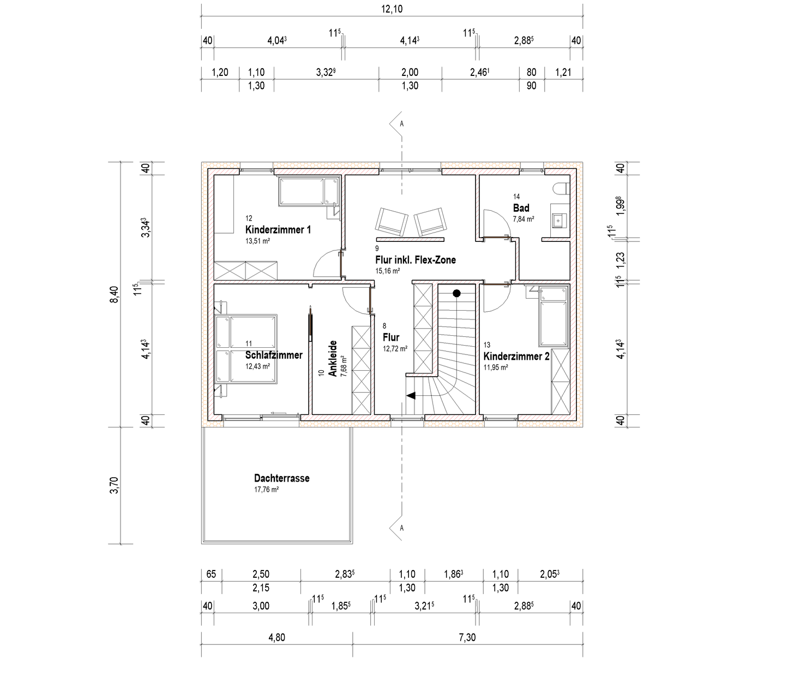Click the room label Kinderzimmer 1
278,229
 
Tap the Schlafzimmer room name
274,355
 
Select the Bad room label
521,208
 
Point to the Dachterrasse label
281,478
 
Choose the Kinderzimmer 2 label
516,356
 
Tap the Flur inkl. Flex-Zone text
415,260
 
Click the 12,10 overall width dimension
392,9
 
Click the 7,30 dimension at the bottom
467,637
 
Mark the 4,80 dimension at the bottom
276,637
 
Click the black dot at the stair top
456,293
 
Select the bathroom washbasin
559,221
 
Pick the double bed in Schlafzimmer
246,349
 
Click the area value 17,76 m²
266,490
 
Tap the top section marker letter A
402,124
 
